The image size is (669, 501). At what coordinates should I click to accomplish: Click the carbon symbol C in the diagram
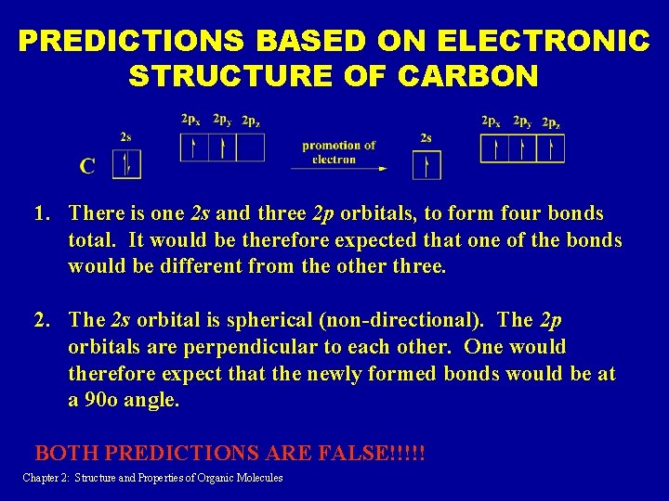87,166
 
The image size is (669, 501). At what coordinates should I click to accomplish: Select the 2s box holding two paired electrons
125,164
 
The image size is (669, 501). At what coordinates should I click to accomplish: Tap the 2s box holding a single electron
426,165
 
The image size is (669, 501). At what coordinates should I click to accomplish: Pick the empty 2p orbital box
250,148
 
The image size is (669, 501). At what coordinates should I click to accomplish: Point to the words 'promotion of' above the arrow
338,145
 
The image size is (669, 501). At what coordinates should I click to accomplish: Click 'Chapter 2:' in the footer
46,478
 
